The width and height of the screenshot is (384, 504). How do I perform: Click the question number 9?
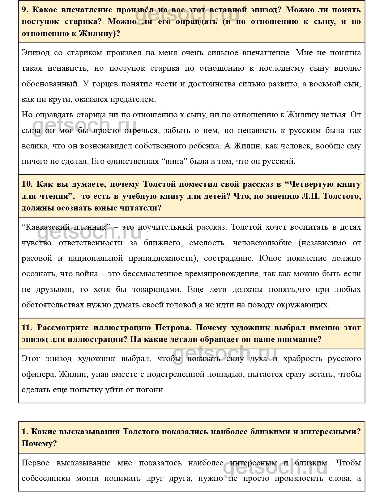click(25, 10)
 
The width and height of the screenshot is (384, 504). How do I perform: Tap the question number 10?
click(27, 185)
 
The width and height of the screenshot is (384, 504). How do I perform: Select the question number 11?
click(27, 328)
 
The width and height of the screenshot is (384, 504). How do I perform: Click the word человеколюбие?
click(262, 243)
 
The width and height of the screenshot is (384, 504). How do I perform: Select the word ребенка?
click(206, 146)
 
